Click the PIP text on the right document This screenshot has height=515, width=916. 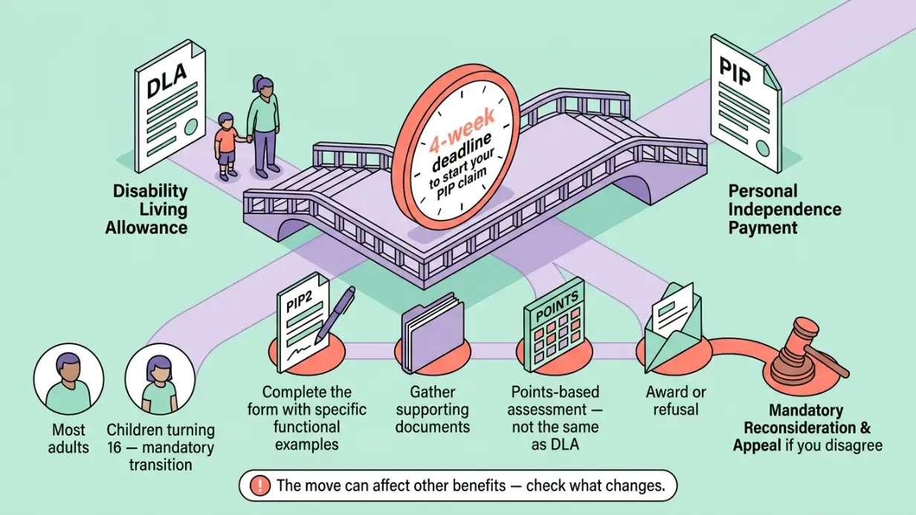735,72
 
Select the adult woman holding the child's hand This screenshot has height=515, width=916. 263,126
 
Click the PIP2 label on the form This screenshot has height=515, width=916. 299,300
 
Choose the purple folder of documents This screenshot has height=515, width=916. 433,333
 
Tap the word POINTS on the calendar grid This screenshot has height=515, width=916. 557,306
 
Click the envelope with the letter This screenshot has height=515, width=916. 673,328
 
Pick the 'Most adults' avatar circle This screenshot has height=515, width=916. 68,379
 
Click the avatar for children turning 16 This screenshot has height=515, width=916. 160,379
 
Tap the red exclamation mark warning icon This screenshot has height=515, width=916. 259,485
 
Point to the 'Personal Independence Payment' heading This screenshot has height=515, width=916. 784,210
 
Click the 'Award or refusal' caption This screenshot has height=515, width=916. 676,401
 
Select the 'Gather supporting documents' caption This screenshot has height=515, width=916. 433,409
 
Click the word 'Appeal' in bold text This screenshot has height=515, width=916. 757,445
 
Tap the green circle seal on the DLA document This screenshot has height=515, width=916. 191,127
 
